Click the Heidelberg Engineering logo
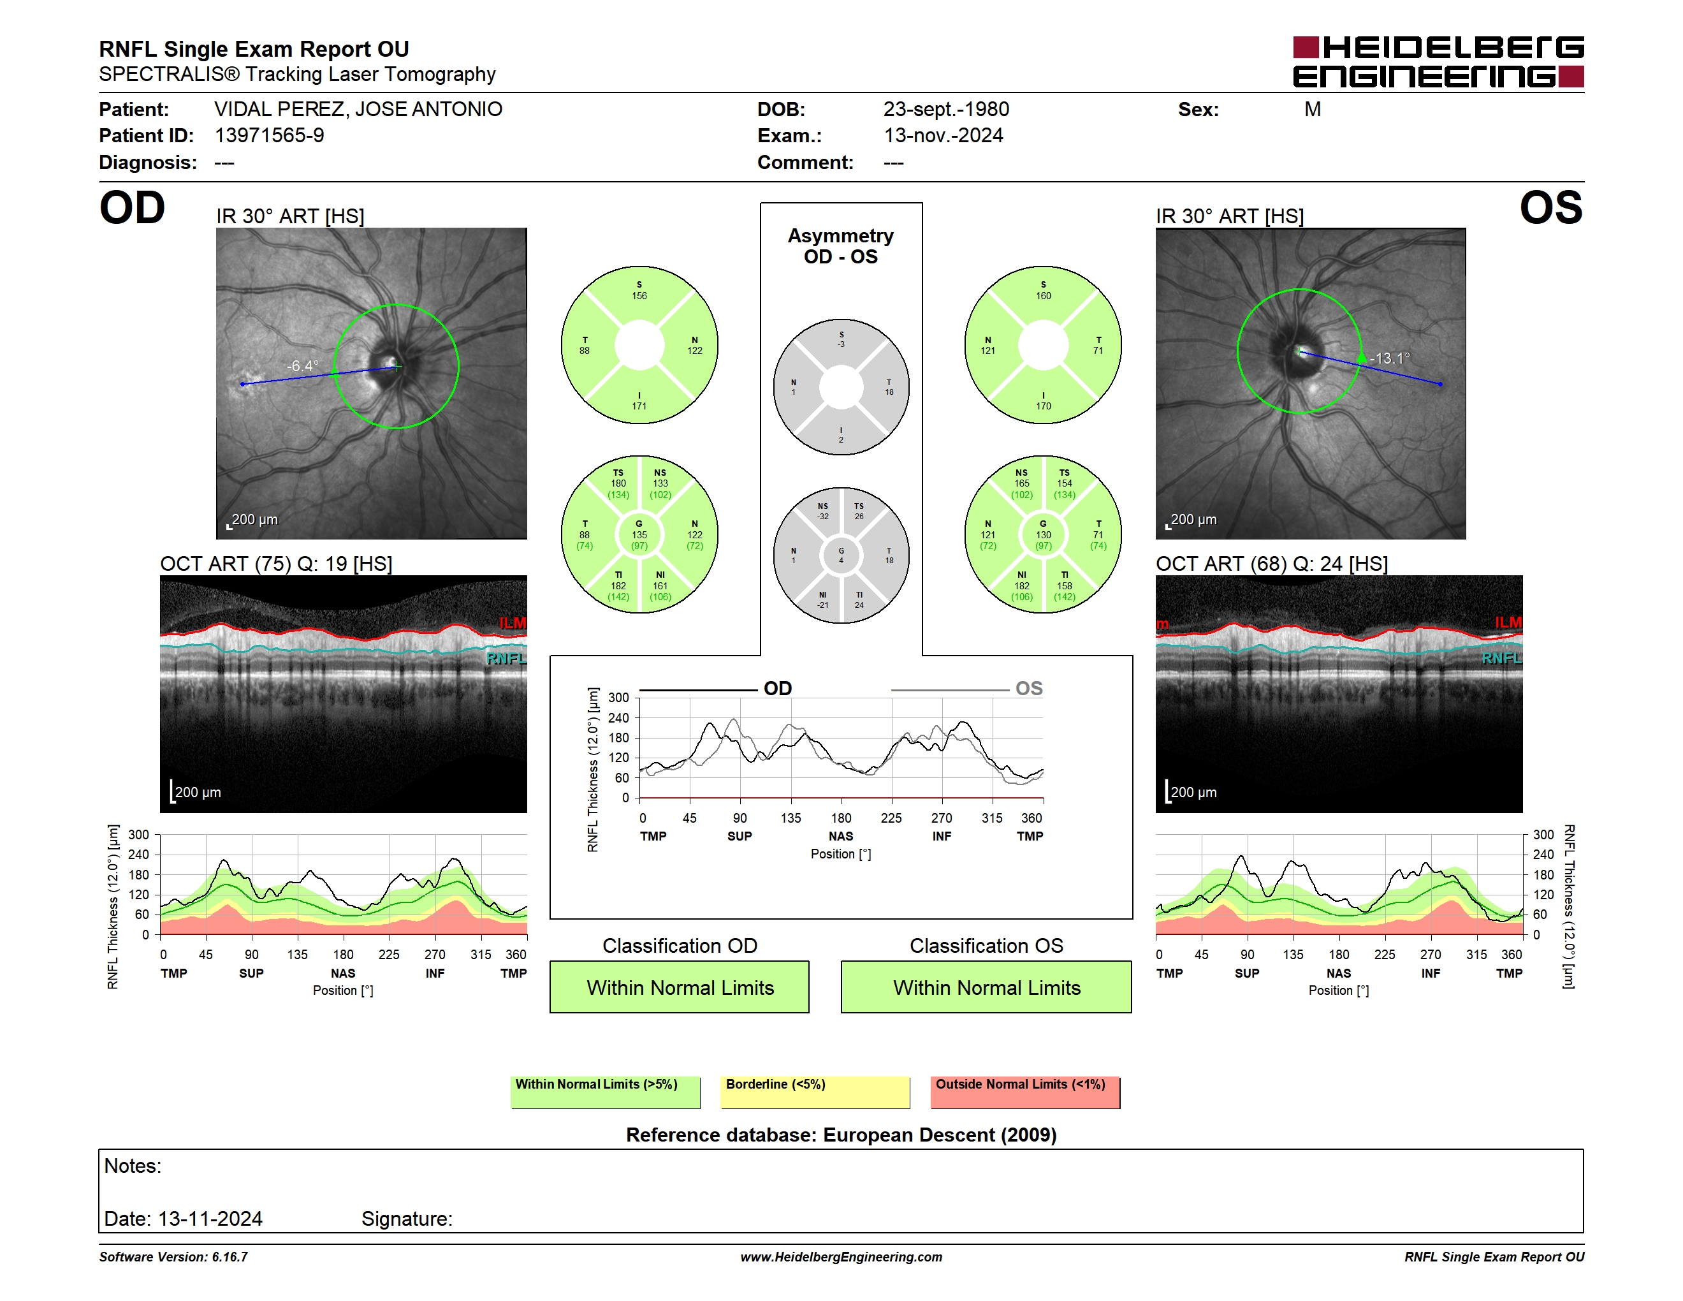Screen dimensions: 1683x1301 click(x=1438, y=62)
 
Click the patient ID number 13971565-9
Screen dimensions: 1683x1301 click(x=269, y=136)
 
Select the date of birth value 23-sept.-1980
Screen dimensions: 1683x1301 click(x=945, y=110)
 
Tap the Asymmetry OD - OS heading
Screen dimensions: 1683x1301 click(x=841, y=246)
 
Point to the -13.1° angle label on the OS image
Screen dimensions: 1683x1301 click(x=1390, y=358)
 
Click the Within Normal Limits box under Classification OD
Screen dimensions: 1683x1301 click(x=680, y=987)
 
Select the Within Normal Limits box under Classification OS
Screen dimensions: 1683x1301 click(x=986, y=987)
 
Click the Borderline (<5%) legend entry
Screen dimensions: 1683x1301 click(x=815, y=1092)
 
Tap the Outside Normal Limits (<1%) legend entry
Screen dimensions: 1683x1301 click(x=1025, y=1092)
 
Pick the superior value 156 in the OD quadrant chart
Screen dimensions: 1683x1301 click(x=639, y=296)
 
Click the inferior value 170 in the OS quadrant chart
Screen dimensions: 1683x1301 click(x=1044, y=406)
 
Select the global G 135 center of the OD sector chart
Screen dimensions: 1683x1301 click(x=639, y=534)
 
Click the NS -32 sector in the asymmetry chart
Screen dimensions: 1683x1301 click(x=822, y=511)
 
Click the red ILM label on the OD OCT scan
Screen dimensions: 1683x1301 click(x=513, y=622)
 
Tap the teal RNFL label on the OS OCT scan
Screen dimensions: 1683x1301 click(x=1502, y=658)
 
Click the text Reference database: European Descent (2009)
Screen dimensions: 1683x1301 click(x=841, y=1135)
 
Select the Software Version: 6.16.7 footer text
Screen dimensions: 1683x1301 click(x=173, y=1257)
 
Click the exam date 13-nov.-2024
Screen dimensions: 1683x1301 click(x=943, y=136)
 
